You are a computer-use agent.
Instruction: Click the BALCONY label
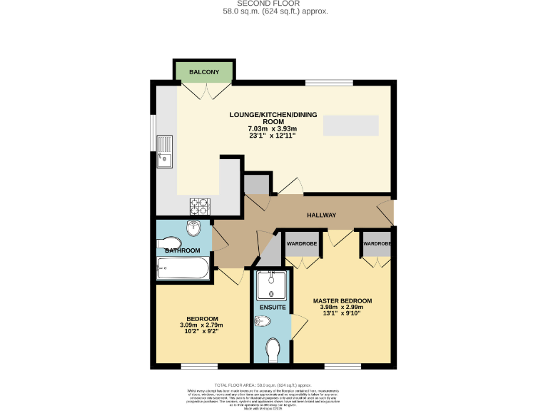point(204,72)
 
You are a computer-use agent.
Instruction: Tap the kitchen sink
point(164,151)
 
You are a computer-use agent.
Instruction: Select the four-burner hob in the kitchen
point(199,205)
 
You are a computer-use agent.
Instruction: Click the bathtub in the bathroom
point(183,270)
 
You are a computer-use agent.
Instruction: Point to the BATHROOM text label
point(183,251)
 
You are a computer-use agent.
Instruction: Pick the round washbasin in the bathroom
point(194,229)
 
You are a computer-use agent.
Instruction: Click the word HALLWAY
point(321,215)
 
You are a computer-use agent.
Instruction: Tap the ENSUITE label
point(273,308)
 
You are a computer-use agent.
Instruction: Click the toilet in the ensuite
point(273,350)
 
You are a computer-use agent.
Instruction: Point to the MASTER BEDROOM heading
point(342,300)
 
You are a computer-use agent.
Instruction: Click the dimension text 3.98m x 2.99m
point(342,308)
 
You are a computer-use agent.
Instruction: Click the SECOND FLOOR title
point(273,4)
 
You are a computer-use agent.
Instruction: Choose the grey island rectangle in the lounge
point(350,125)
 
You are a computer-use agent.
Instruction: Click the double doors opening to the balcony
point(205,91)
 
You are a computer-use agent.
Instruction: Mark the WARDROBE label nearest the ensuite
point(302,243)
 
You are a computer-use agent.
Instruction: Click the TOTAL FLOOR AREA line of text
point(273,385)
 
